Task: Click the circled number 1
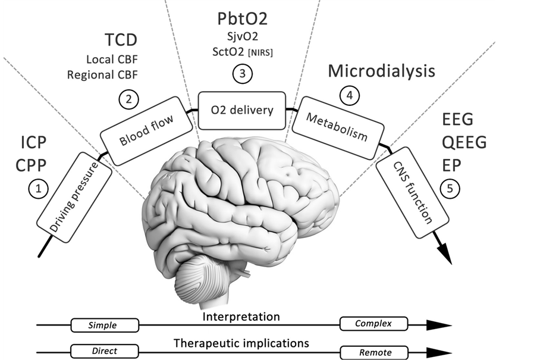(x=38, y=189)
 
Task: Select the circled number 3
(x=242, y=75)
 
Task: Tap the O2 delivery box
(x=242, y=110)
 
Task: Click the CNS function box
(x=411, y=199)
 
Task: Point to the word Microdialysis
(x=382, y=71)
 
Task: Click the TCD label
(x=121, y=40)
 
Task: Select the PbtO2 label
(x=241, y=18)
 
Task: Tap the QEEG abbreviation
(x=464, y=142)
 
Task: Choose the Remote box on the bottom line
(x=375, y=352)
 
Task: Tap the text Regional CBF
(x=102, y=75)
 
